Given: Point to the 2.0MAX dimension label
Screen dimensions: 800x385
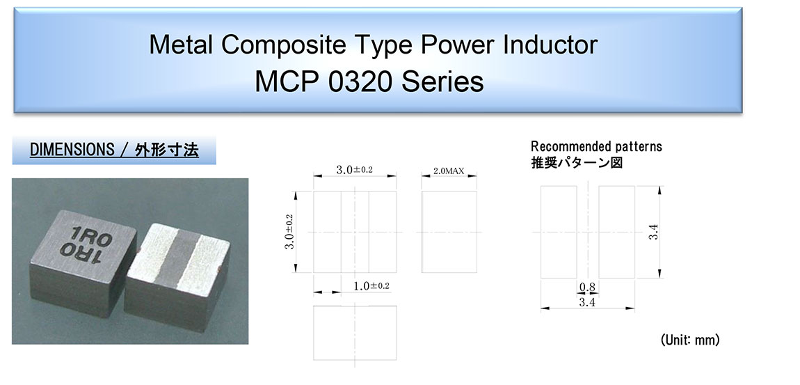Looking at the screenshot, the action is [x=449, y=171].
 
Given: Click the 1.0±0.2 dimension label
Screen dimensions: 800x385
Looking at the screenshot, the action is [x=371, y=286].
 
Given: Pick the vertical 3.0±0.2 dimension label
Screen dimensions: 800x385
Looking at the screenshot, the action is [x=289, y=232].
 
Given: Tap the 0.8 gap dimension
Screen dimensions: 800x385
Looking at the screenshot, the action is [x=588, y=288].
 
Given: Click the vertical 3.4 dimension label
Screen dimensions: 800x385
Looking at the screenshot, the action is [x=655, y=233].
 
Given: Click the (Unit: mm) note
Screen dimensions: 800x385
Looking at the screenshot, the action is [x=690, y=340].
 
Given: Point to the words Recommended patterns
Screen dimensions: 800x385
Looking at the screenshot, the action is [x=596, y=146].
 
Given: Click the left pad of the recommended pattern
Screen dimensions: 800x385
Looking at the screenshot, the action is [x=559, y=233].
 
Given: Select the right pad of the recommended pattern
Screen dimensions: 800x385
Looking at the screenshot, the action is [x=617, y=233].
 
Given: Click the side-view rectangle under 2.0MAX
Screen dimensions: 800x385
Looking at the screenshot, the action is [x=449, y=232].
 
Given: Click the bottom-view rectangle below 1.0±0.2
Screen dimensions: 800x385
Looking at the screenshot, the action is [x=355, y=333].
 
